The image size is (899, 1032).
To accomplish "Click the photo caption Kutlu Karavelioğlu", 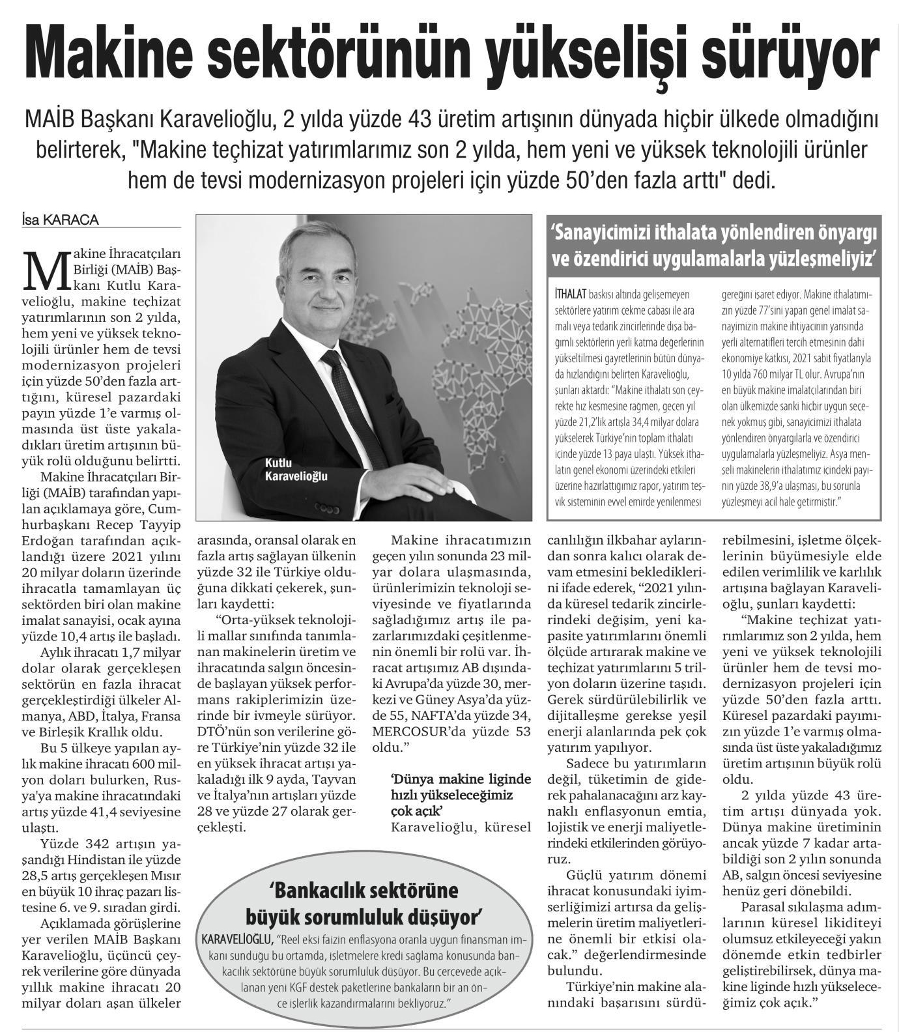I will [296, 470].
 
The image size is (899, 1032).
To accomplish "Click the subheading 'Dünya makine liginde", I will [461, 779].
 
